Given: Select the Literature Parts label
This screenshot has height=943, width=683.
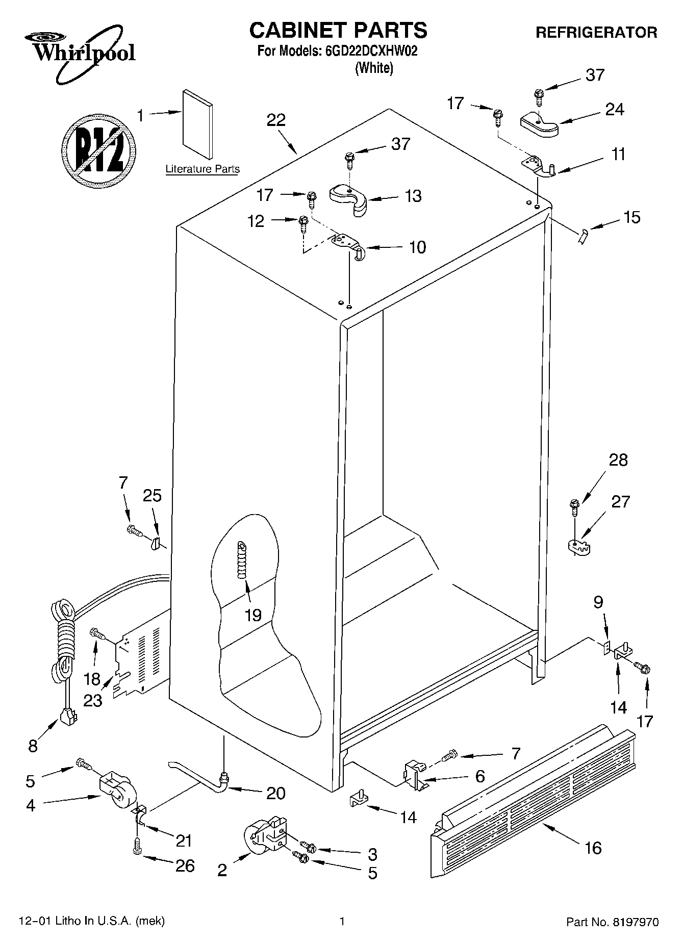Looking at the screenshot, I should coord(203,169).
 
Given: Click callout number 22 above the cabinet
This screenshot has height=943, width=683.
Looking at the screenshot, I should coord(276,120).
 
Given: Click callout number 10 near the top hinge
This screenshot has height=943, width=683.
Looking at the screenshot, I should coord(417,247).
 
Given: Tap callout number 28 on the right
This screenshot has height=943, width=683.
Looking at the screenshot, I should coord(618,460).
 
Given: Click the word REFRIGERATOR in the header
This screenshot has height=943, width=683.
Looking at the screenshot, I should coord(596,33).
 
